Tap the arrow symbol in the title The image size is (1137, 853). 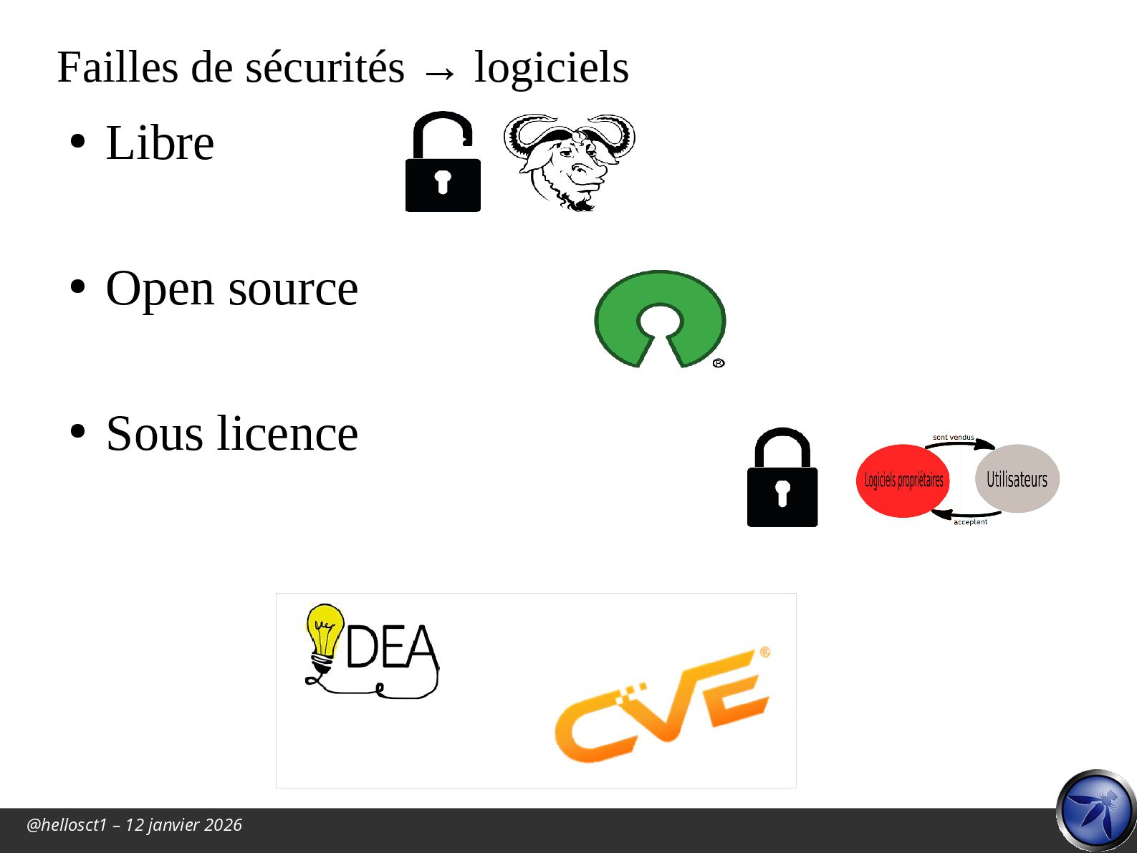click(x=439, y=72)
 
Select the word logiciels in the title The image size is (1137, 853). click(x=552, y=68)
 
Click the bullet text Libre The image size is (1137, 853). click(x=160, y=143)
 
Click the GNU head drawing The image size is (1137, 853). click(x=570, y=161)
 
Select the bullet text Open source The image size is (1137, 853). click(x=231, y=289)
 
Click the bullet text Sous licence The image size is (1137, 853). click(x=231, y=434)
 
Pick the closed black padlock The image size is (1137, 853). click(x=782, y=479)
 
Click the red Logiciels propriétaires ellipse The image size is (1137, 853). click(x=903, y=481)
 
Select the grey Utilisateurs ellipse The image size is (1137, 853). click(x=1017, y=478)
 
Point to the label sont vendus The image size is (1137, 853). click(x=953, y=437)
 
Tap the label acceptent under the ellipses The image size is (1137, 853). click(x=970, y=522)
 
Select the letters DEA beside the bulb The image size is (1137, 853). click(x=391, y=646)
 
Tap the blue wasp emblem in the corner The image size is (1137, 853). click(x=1096, y=811)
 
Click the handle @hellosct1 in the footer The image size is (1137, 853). click(x=67, y=825)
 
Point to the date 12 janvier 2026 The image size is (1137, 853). click(x=183, y=825)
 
